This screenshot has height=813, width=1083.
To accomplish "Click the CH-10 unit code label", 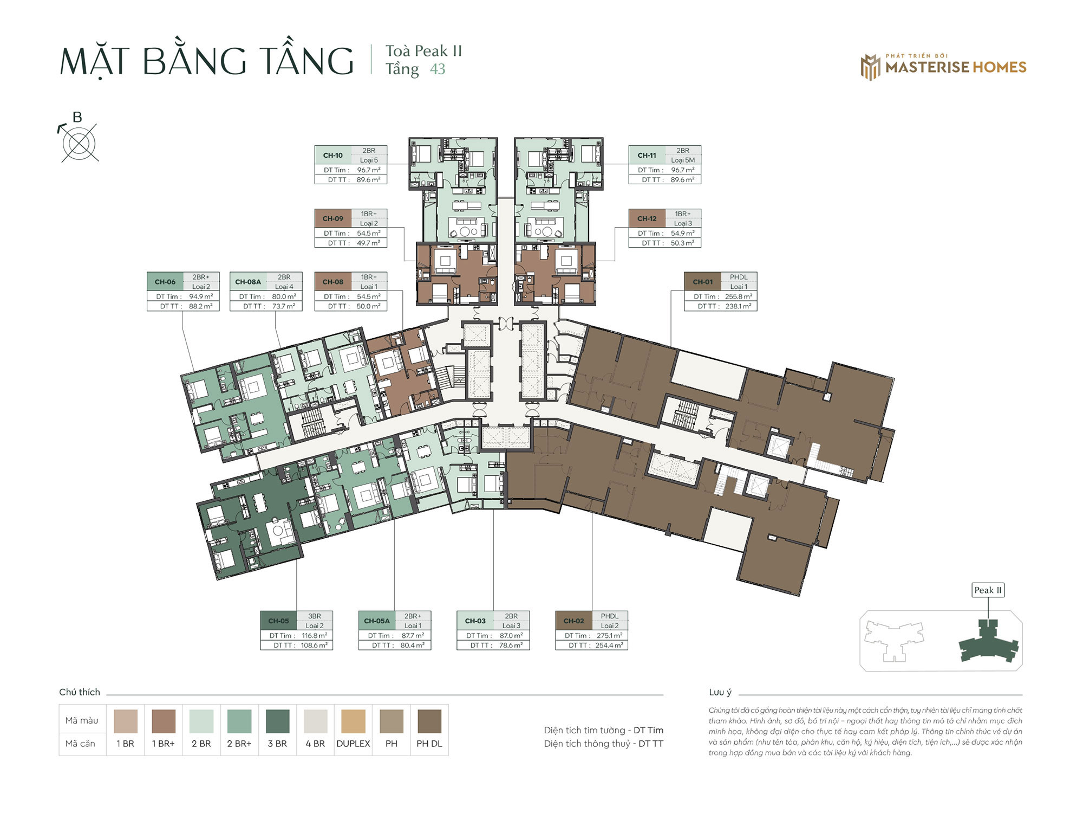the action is click(332, 155).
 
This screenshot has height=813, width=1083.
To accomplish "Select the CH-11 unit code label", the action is click(647, 155).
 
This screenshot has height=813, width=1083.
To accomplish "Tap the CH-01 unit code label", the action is click(702, 282).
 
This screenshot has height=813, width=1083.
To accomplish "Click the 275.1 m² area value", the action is click(609, 635).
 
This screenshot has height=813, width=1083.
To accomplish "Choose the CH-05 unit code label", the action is click(278, 621).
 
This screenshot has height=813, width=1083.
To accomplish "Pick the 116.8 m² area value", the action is click(315, 635).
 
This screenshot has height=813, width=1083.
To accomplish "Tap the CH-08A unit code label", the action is click(248, 282).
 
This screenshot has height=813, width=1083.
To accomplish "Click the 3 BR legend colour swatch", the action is click(277, 721).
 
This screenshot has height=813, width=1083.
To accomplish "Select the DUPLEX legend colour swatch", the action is click(353, 721).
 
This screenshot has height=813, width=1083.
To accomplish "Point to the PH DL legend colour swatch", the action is click(429, 721).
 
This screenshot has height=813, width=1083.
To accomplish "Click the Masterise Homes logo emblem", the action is click(871, 67).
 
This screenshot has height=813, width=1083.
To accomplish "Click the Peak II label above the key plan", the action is click(988, 590).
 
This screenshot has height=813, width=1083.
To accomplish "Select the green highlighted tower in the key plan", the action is click(988, 642).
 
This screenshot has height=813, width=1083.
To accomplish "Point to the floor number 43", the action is click(438, 69).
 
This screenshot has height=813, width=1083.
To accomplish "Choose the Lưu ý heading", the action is click(720, 692).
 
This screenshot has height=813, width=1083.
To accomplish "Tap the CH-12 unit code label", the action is click(647, 218).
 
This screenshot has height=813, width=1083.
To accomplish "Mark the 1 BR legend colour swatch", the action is click(126, 721).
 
